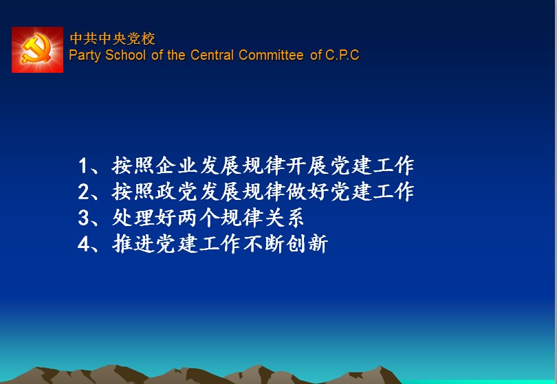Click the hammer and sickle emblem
click(x=37, y=49)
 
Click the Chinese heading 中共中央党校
click(x=112, y=38)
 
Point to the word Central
click(x=212, y=55)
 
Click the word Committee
click(x=271, y=55)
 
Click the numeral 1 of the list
click(x=83, y=166)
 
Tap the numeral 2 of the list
click(x=83, y=192)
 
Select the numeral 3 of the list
click(x=83, y=218)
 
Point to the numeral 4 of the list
click(x=83, y=244)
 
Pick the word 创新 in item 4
click(x=307, y=244)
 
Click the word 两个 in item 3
click(x=198, y=218)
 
